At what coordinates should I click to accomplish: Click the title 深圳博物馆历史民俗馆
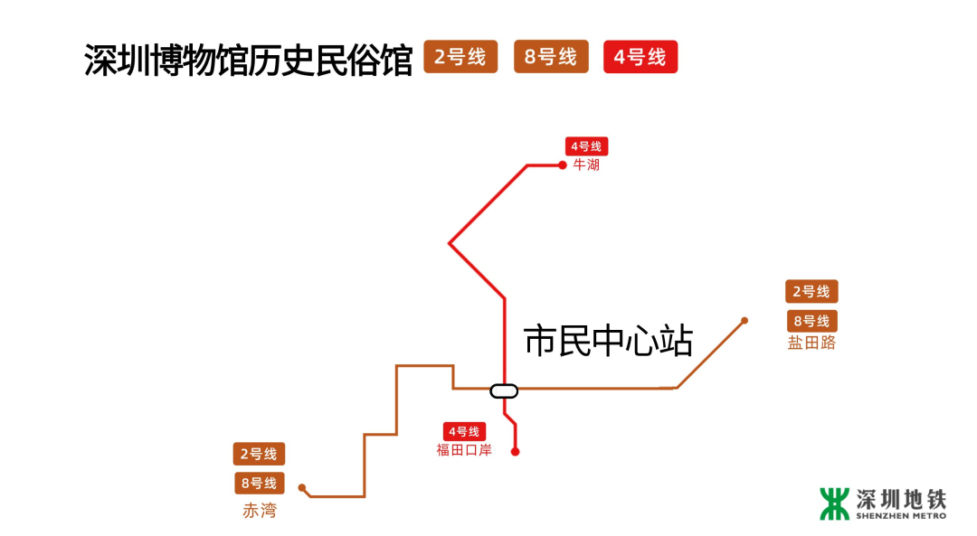coord(249,60)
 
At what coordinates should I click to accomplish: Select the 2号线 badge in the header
coord(460,57)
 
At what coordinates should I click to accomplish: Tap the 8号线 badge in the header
coord(551,57)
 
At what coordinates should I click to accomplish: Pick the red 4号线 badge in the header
coord(640,58)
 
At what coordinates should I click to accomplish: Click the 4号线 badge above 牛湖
coord(586,146)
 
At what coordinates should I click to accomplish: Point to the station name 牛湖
coord(586,165)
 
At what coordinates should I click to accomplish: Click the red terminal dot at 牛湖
coord(562,165)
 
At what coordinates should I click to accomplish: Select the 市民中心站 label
coord(608,343)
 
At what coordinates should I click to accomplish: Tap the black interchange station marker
coord(504,390)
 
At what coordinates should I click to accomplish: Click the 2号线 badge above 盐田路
coord(811,292)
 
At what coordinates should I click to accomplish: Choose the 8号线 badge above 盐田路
coord(811,321)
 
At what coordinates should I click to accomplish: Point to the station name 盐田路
coord(811,343)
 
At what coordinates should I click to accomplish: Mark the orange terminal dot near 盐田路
coord(745,320)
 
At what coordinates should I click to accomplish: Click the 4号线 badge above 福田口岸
coord(464,432)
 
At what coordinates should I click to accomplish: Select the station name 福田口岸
coord(464,450)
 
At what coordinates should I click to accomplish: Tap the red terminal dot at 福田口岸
coord(516,451)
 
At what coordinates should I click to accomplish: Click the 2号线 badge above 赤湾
coord(259,454)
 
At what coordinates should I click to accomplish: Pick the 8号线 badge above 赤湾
coord(260,483)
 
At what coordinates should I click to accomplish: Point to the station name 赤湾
coord(260,511)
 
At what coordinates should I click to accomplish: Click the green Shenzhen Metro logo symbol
coord(834,503)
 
